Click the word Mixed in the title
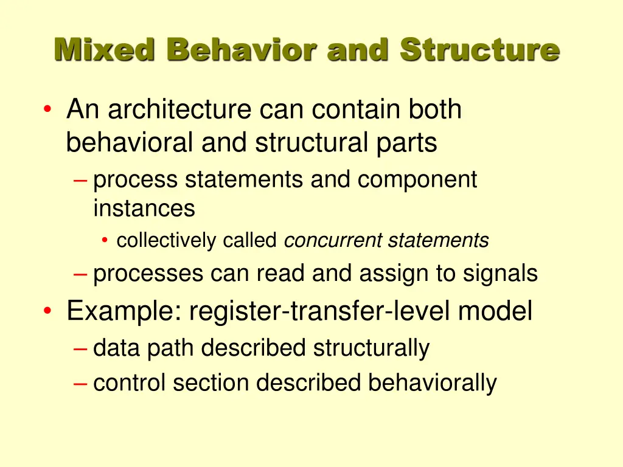pyautogui.click(x=104, y=49)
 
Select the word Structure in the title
pyautogui.click(x=479, y=49)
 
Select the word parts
pyautogui.click(x=403, y=143)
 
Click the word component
pyautogui.click(x=417, y=180)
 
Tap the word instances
pyautogui.click(x=144, y=209)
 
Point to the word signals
pyautogui.click(x=500, y=274)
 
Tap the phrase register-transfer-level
pyautogui.click(x=321, y=311)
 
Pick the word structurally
pyautogui.click(x=371, y=348)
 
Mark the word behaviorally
pyautogui.click(x=432, y=383)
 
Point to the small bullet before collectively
pyautogui.click(x=105, y=241)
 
